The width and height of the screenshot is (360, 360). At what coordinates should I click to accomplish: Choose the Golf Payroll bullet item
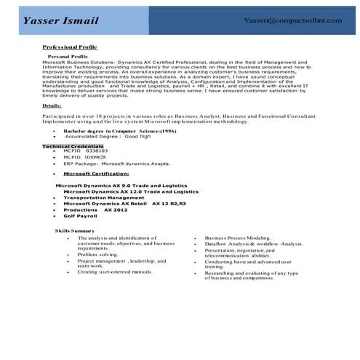[80, 216]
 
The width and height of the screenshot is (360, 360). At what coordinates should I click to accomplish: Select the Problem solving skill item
[97, 255]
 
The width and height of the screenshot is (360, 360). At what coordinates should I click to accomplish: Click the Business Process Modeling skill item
[238, 237]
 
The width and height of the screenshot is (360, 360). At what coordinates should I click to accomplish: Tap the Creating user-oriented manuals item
[114, 271]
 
